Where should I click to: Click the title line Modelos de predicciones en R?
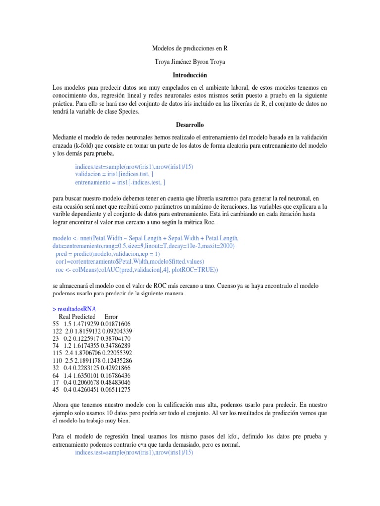(x=190, y=49)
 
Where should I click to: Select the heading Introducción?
(x=190, y=75)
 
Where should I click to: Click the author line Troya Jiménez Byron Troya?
(x=190, y=62)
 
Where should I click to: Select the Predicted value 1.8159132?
(x=84, y=331)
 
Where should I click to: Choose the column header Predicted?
(x=84, y=316)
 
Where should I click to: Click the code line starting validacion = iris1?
(x=117, y=174)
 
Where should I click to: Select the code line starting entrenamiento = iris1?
(x=124, y=182)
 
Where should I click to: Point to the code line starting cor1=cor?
(x=130, y=261)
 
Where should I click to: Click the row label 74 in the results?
(x=56, y=346)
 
